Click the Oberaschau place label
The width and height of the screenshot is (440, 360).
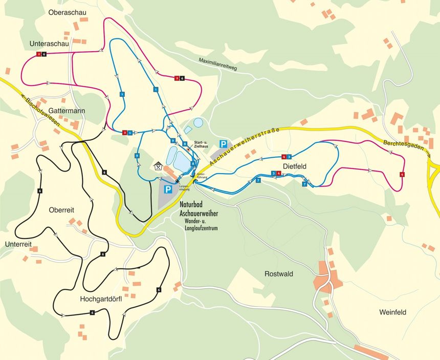click(67, 12)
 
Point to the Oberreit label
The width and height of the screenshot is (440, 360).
click(62, 210)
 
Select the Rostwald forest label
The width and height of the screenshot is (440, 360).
click(279, 274)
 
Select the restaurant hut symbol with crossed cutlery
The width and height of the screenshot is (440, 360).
click(159, 166)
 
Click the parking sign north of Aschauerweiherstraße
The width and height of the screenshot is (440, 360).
click(223, 144)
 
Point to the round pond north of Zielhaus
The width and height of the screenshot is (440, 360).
click(198, 123)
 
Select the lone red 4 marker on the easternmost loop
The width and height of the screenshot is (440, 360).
click(402, 175)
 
